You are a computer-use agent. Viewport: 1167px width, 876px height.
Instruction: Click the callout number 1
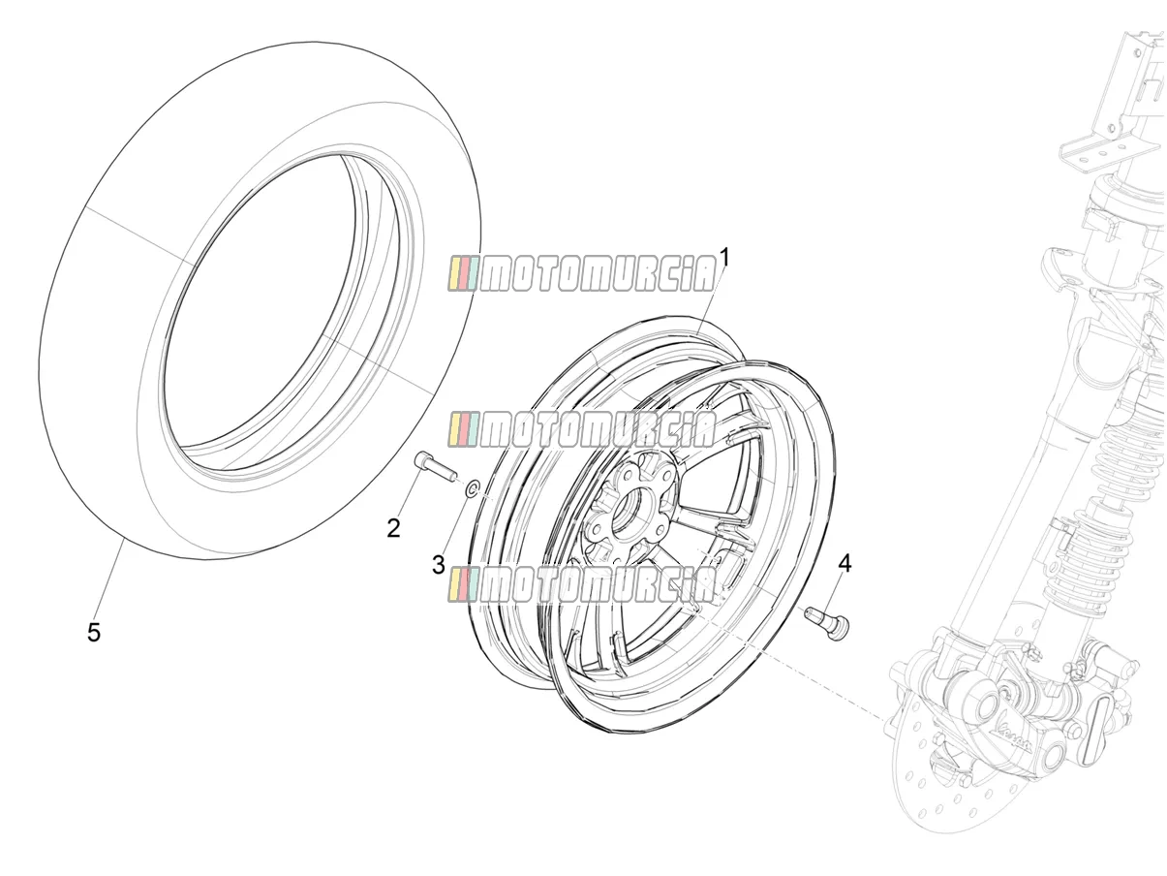tap(723, 259)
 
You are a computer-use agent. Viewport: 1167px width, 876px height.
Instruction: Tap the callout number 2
tap(393, 528)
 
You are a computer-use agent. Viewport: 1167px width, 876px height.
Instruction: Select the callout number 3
tap(438, 565)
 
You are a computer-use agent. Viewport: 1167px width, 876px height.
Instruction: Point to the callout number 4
tap(845, 564)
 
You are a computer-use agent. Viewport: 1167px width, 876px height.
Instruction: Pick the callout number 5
tap(94, 633)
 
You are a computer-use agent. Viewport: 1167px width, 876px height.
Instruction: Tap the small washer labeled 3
tap(472, 488)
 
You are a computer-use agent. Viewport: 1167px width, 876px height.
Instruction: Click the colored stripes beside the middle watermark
tap(463, 429)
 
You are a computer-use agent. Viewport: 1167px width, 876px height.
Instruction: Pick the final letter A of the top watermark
tap(702, 274)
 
